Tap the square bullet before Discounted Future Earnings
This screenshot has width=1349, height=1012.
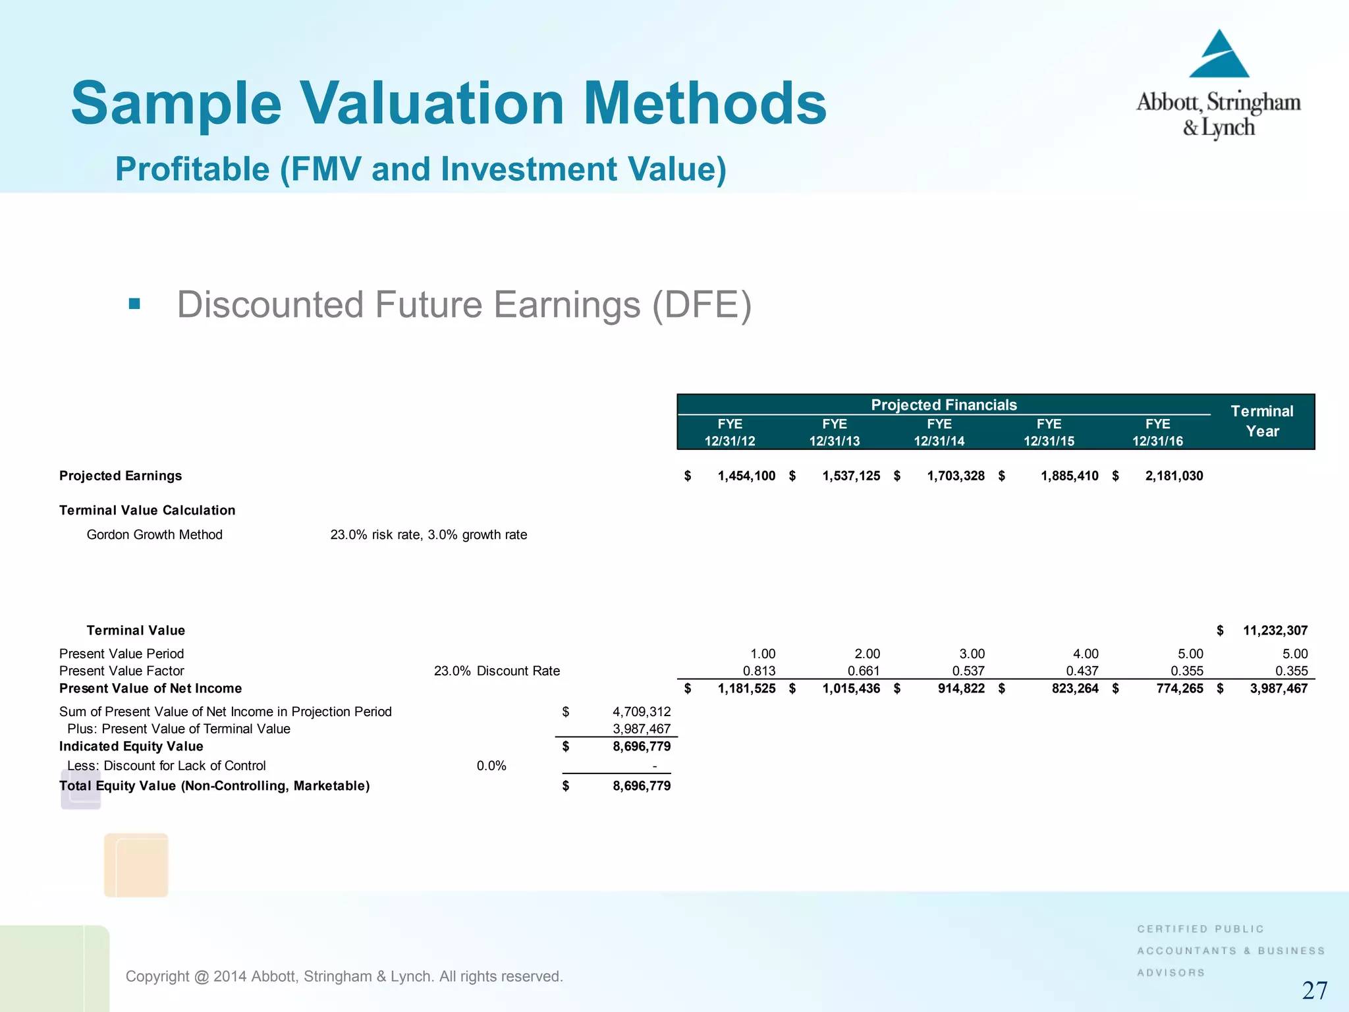pyautogui.click(x=134, y=304)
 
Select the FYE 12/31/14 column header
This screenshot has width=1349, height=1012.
pyautogui.click(x=939, y=432)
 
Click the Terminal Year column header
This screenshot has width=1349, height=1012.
pyautogui.click(x=1261, y=421)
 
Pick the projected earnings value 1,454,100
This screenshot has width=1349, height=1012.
pyautogui.click(x=746, y=476)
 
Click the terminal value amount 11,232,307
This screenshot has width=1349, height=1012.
pyautogui.click(x=1275, y=631)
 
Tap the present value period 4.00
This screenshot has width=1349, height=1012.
pyautogui.click(x=1085, y=654)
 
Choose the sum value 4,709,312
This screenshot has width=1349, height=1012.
pyautogui.click(x=641, y=712)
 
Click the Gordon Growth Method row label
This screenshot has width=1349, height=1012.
pyautogui.click(x=154, y=534)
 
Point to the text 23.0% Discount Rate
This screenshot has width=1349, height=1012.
pyautogui.click(x=497, y=671)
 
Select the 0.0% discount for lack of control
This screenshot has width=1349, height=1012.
pyautogui.click(x=491, y=766)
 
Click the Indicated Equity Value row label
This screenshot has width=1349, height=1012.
pyautogui.click(x=131, y=746)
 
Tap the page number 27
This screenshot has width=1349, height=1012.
pyautogui.click(x=1314, y=990)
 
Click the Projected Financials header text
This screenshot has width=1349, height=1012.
pyautogui.click(x=943, y=405)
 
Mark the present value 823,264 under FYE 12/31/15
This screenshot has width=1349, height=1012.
pyautogui.click(x=1074, y=689)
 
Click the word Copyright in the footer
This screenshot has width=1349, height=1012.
pyautogui.click(x=157, y=976)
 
